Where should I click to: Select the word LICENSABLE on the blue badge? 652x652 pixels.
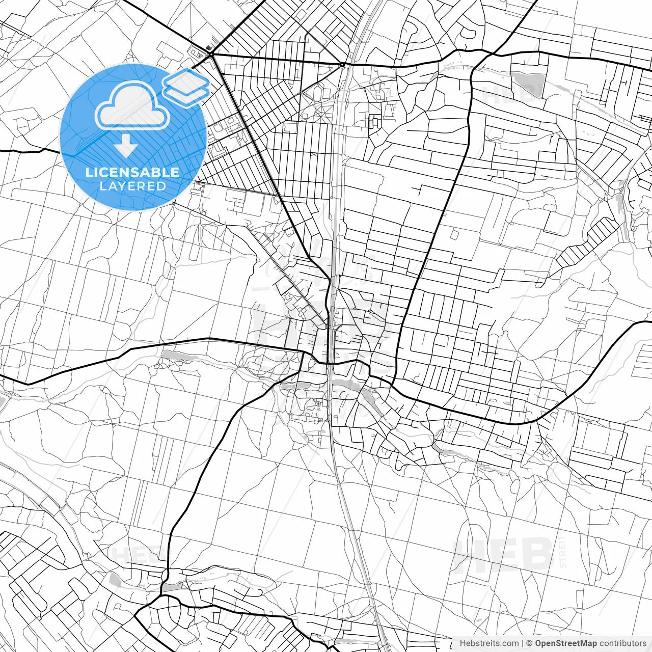132,172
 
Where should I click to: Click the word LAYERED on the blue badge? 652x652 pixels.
132,186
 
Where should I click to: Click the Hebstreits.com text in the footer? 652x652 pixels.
489,643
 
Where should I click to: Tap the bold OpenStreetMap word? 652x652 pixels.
565,643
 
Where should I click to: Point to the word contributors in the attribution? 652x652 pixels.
622,643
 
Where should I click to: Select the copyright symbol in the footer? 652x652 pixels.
529,643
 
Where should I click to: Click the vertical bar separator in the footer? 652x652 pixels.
523,643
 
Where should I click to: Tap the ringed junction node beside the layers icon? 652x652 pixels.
210,54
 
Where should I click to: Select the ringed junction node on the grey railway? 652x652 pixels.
342,65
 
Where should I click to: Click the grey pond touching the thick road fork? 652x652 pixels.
171,587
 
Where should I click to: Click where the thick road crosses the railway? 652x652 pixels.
331,364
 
